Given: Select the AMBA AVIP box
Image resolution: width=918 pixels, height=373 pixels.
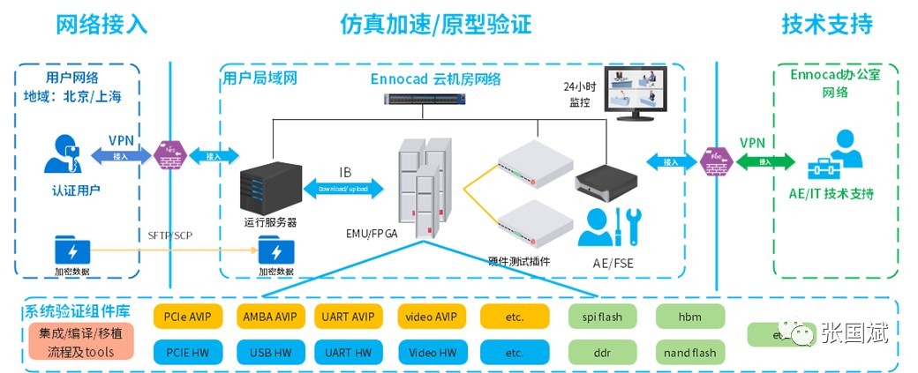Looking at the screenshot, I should (x=271, y=316).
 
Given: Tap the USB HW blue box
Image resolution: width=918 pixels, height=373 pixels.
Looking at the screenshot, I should (x=271, y=353).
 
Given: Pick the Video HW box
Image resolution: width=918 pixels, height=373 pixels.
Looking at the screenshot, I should (x=433, y=353).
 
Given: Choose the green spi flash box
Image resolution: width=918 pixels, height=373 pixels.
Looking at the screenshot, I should (x=604, y=316).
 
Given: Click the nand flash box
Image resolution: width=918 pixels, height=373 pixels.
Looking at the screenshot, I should (x=689, y=353).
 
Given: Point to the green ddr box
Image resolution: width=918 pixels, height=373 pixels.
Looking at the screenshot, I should (x=604, y=353).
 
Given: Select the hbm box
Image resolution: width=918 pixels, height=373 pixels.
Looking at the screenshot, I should (x=689, y=316).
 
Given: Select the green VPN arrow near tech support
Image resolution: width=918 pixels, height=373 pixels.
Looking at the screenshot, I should (x=752, y=160).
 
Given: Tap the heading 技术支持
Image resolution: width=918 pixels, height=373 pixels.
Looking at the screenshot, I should (x=826, y=24).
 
